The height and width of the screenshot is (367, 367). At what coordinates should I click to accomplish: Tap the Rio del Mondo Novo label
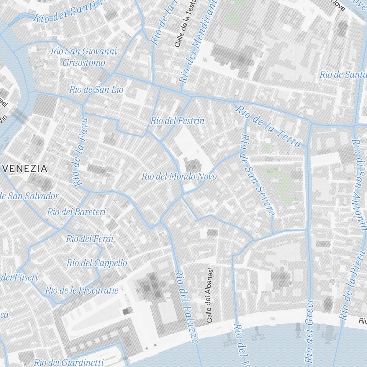(x=179, y=177)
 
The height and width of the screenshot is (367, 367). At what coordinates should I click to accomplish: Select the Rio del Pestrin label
(x=177, y=121)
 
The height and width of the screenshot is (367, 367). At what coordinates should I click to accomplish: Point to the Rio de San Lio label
(x=96, y=90)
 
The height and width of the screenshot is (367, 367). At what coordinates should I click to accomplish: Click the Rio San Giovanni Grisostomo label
(x=84, y=57)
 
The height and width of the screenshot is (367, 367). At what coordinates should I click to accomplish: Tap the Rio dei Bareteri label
(x=76, y=212)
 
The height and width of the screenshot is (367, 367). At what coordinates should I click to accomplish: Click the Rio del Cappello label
(x=97, y=263)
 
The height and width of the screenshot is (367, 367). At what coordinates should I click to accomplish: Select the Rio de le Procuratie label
(x=82, y=290)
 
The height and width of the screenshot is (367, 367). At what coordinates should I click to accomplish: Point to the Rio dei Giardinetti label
(x=69, y=362)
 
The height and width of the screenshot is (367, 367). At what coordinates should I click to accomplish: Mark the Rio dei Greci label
(x=309, y=330)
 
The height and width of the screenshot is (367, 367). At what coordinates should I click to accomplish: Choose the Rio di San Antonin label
(x=359, y=183)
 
